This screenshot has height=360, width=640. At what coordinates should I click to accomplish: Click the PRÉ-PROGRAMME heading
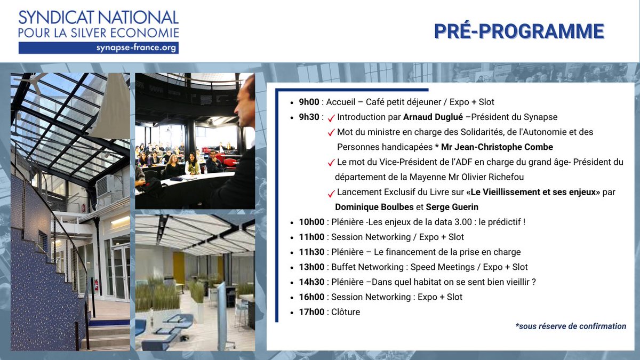click(x=518, y=31)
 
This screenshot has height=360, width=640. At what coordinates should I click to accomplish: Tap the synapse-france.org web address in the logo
click(x=136, y=47)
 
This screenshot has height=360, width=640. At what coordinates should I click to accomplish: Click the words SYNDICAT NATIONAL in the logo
click(x=99, y=17)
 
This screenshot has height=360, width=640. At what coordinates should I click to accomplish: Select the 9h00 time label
click(x=309, y=102)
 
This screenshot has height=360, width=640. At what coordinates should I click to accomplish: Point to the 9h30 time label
click(x=309, y=117)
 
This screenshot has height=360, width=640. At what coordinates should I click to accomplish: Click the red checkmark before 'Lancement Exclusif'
click(x=331, y=193)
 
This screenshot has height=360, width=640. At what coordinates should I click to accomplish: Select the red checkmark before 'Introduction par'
click(x=331, y=117)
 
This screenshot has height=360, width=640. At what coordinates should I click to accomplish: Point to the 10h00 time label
click(x=311, y=222)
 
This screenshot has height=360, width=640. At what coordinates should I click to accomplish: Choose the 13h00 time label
click(x=311, y=267)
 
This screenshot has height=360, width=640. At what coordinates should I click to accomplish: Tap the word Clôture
click(x=346, y=312)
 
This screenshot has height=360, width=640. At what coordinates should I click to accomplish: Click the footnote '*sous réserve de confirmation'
click(x=571, y=326)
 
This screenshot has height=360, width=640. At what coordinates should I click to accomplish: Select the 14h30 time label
click(x=311, y=282)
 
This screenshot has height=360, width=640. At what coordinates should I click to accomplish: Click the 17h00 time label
click(x=311, y=312)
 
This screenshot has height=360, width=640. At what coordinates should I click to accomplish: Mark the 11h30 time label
click(x=311, y=252)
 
